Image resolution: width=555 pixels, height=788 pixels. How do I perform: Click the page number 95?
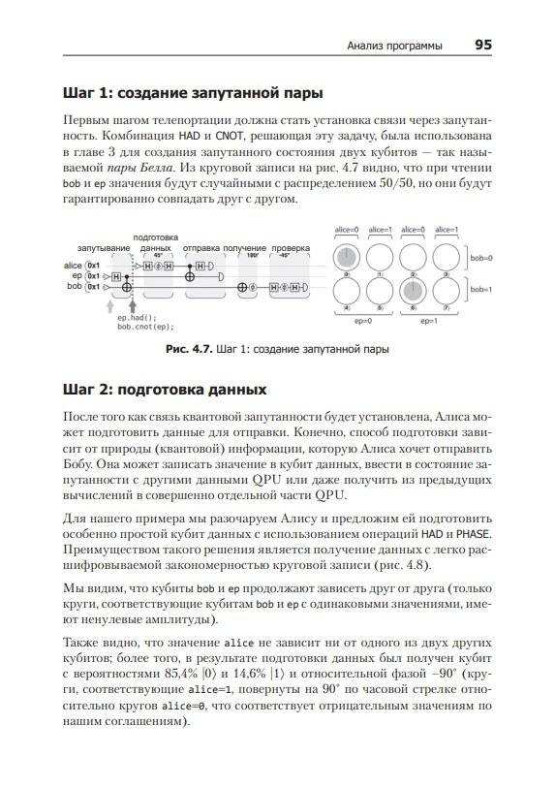pos(483,45)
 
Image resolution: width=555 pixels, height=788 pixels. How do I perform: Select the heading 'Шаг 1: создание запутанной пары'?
pos(192,93)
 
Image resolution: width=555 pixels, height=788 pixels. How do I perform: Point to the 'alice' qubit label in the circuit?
pos(73,265)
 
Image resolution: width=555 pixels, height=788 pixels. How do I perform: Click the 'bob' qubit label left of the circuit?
pos(75,286)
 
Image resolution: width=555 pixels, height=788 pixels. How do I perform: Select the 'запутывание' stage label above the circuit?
pos(104,248)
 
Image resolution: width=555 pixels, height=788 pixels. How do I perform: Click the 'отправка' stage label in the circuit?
pos(201,248)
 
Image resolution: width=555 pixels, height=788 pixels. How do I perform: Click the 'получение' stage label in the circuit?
pos(245,248)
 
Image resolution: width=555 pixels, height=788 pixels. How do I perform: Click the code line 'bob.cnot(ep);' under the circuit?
pos(144,327)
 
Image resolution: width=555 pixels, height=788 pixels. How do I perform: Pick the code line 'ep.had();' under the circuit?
pos(136,318)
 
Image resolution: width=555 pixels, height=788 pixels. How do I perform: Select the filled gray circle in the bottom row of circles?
pos(415,292)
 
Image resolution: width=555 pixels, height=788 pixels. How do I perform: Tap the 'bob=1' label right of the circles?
pos(481,290)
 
